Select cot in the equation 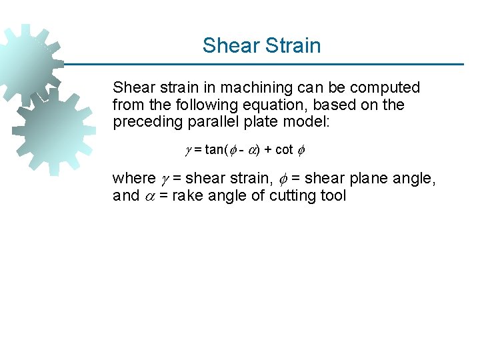tap(284, 149)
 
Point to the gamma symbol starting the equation tap(188, 150)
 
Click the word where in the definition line tap(134, 179)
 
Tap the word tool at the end tap(333, 196)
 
